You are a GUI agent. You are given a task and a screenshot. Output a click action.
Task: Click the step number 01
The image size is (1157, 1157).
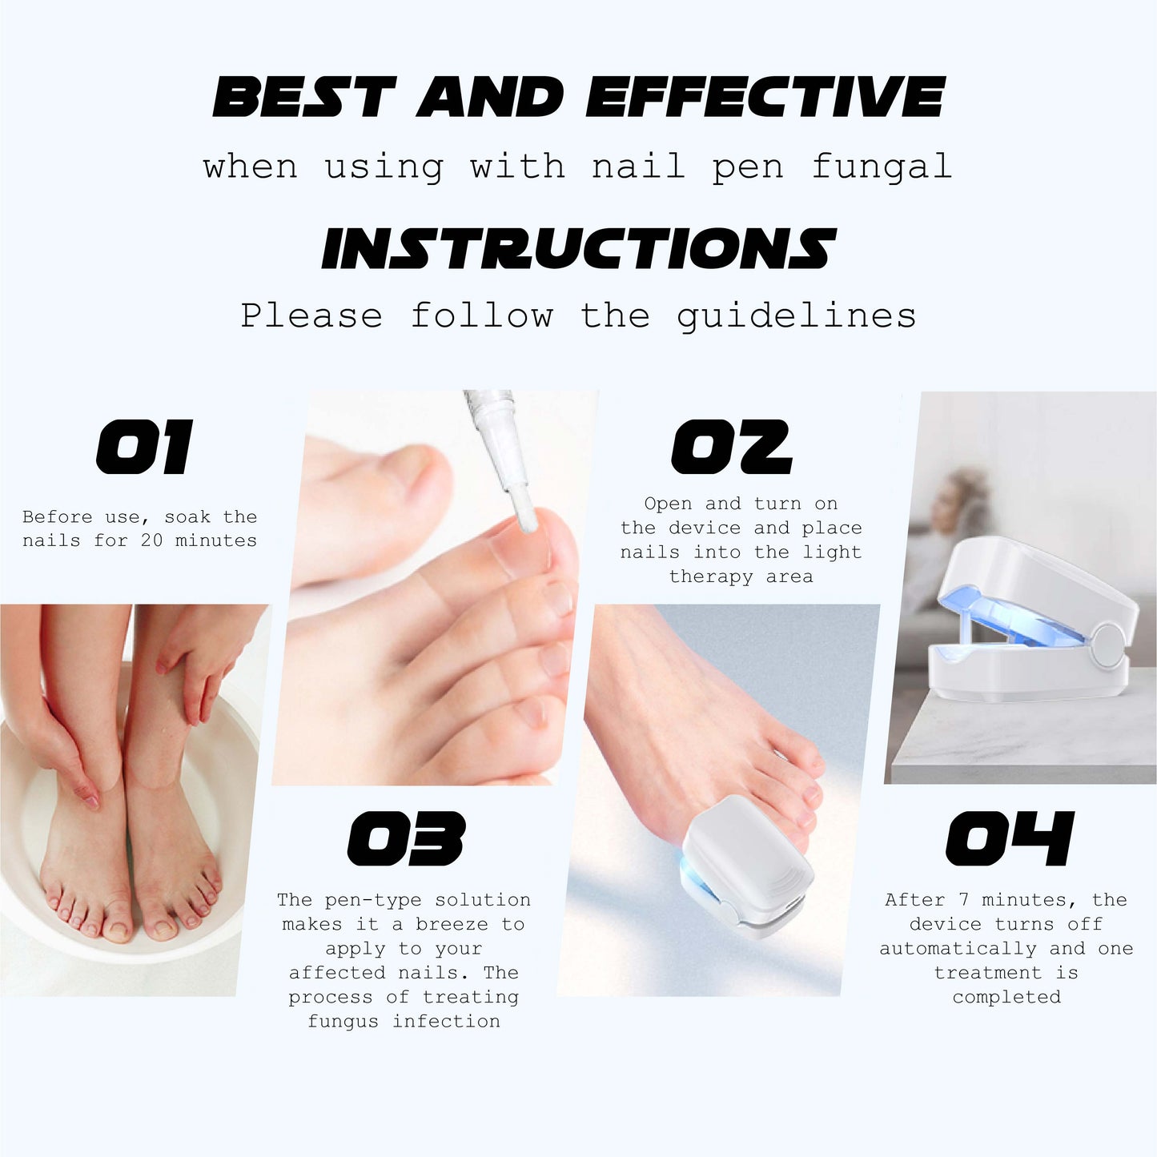point(145,447)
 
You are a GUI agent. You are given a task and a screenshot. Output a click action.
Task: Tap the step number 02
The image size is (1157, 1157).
point(731,447)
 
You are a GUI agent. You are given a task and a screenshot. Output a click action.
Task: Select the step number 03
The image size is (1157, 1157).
point(407,838)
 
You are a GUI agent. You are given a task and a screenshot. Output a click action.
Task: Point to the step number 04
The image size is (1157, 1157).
point(1010,838)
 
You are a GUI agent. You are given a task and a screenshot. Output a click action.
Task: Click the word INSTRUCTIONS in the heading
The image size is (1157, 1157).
point(579,248)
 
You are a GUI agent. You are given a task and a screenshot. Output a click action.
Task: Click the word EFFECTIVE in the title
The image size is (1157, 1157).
point(765,97)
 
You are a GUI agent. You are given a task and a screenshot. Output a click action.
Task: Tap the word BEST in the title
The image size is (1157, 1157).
point(304,97)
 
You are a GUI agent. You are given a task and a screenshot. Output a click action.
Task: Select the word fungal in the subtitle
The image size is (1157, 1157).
point(882,167)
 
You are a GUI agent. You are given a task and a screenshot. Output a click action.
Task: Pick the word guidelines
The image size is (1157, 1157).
point(796,316)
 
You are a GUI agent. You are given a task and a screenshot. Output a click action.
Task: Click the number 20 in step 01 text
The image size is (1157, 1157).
point(151,540)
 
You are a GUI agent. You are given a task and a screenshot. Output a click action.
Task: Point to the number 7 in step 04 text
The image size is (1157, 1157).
point(963,899)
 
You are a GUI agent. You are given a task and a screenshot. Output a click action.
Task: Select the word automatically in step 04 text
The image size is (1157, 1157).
point(958,949)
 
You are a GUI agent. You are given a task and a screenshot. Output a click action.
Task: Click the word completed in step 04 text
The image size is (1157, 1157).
point(1006,998)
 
